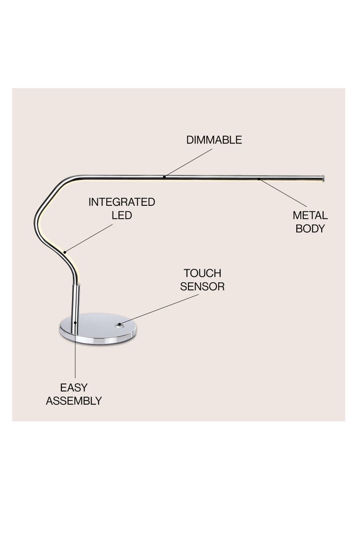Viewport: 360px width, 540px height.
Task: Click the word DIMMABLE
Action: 214,140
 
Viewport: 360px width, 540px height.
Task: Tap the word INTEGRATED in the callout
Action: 121,202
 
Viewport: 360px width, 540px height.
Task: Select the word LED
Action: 121,215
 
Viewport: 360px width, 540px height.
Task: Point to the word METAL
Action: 310,215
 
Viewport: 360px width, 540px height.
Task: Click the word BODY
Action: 310,228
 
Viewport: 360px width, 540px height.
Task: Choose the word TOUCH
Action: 202,273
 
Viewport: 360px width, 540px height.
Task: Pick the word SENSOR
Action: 202,287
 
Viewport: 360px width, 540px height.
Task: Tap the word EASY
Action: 74,388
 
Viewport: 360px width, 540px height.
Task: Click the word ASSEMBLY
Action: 74,401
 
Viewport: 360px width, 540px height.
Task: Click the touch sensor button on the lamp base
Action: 120,324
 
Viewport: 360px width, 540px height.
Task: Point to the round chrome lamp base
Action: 98,329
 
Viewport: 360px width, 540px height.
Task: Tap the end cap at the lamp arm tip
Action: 323,179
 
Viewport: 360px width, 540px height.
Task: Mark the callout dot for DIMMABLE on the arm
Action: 164,177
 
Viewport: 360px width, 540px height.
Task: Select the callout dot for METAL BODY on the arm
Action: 259,179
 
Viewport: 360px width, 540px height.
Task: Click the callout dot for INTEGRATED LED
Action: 65,252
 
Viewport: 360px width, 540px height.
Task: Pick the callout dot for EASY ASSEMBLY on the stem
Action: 75,323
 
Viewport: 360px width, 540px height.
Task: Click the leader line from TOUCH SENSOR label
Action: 159,309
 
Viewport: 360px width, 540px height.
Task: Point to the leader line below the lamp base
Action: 75,351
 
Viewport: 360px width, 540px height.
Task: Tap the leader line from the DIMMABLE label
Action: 188,163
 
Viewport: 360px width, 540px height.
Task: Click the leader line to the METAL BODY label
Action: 282,193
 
